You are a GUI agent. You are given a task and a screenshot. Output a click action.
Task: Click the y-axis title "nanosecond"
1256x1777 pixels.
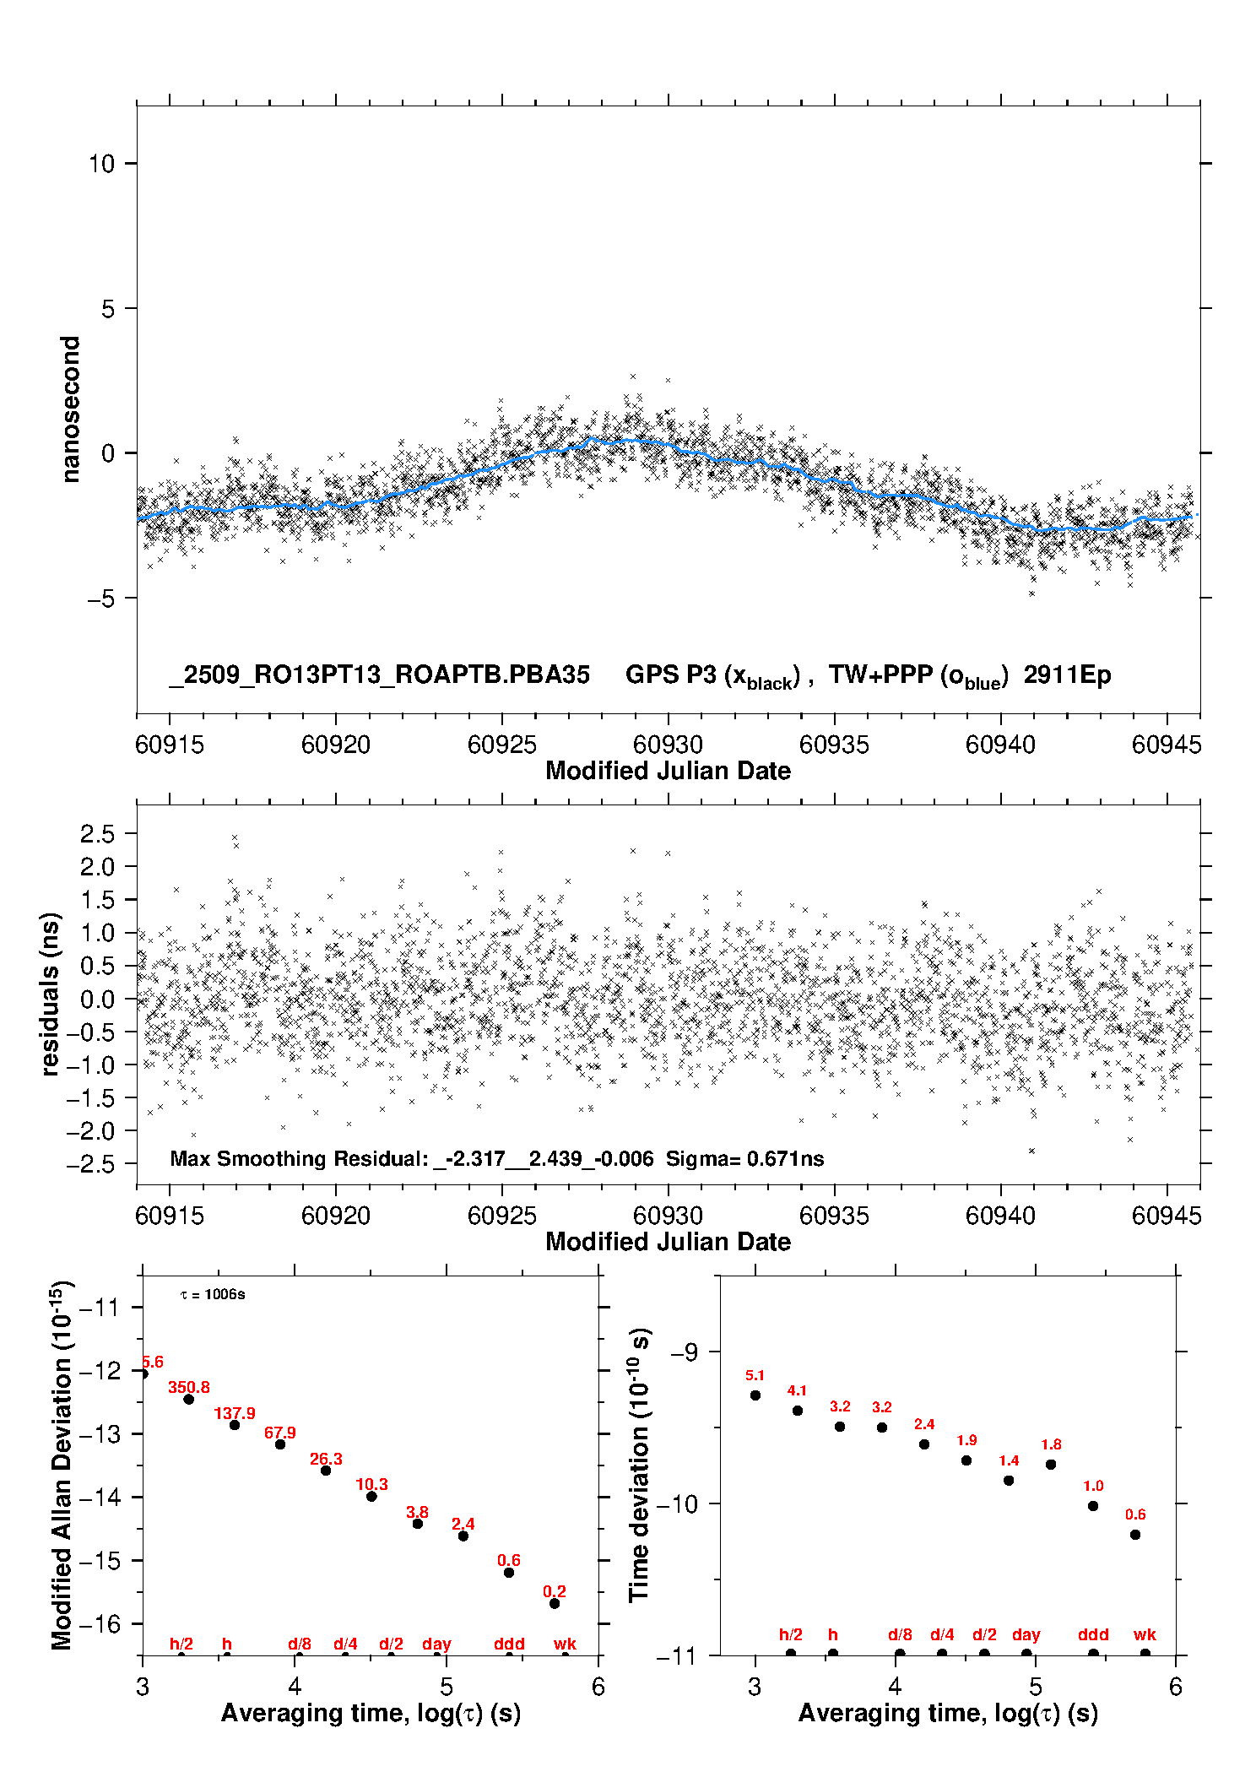pos(70,409)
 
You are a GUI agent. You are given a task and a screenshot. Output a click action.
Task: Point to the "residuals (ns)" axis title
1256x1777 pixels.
pos(50,994)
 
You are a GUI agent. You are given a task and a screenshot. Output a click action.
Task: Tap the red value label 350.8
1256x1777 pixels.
pos(189,1387)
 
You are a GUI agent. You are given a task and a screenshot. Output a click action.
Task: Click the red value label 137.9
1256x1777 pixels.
pos(235,1413)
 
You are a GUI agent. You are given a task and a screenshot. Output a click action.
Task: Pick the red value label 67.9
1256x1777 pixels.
pos(280,1433)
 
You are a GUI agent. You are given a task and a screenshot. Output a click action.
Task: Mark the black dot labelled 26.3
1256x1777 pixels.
pos(326,1471)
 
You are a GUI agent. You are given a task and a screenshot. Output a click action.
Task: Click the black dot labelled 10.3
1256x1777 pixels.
pos(371,1496)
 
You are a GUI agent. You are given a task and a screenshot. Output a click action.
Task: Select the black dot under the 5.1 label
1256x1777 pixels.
pos(755,1395)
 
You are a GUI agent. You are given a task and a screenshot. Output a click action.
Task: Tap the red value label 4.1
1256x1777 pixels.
pos(797,1390)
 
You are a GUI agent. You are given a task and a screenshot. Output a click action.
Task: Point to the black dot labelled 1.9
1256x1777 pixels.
pos(966,1460)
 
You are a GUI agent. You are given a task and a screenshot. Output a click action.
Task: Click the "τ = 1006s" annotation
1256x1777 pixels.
pos(213,1295)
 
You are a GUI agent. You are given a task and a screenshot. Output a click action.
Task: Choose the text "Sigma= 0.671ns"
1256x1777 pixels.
pos(744,1158)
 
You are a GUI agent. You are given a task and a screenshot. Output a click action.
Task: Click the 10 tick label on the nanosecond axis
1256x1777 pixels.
pos(101,164)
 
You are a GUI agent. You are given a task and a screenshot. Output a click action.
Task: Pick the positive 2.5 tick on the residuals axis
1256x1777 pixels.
pos(97,834)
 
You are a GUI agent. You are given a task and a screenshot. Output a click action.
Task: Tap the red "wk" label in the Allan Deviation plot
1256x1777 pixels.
pos(565,1644)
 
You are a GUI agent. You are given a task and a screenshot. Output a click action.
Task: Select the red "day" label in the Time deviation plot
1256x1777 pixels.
pos(1026,1634)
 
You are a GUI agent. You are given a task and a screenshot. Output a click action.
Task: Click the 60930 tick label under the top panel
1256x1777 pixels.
pos(668,745)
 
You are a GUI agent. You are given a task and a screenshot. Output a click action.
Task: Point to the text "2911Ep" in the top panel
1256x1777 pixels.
pos(1067,675)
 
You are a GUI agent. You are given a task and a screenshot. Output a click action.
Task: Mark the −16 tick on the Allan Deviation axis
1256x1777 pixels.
pos(99,1623)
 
